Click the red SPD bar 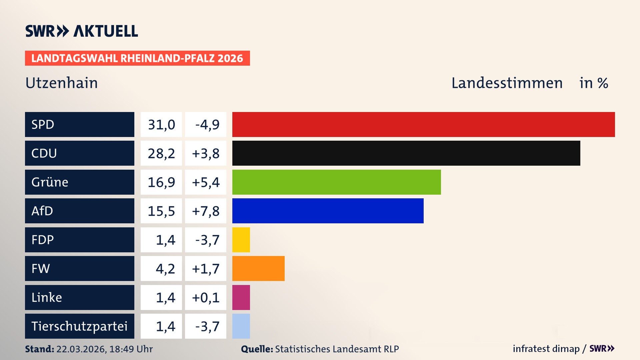(423, 124)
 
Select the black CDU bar (406, 153)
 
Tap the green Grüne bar (336, 182)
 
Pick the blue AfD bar (328, 211)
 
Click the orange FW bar (258, 268)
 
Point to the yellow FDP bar (241, 240)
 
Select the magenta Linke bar (241, 297)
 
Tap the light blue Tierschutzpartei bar (241, 326)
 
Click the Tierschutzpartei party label (79, 326)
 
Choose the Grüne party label (50, 182)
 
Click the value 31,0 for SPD (161, 125)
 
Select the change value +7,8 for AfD (206, 211)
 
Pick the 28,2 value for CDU (161, 153)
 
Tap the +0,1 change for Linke (206, 297)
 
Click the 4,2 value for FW (165, 269)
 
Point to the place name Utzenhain (62, 83)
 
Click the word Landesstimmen (507, 83)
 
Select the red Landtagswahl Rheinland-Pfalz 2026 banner (137, 58)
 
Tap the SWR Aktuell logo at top (82, 31)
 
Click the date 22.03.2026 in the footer (81, 349)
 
